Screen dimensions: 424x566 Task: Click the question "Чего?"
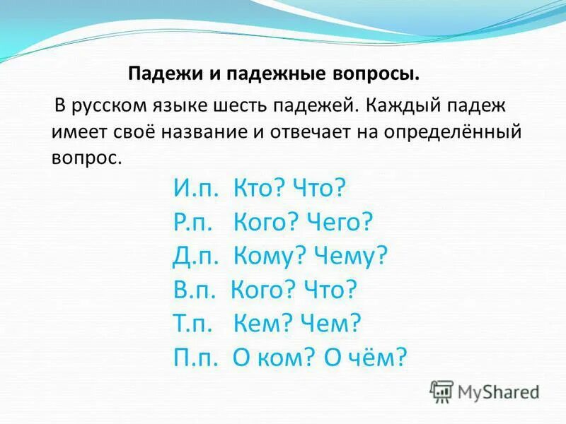coord(339,223)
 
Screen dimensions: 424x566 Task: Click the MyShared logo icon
coord(442,391)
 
